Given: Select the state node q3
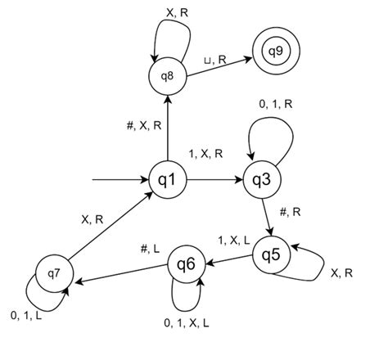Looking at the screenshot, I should click(261, 179).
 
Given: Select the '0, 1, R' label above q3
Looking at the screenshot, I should click(277, 103).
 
